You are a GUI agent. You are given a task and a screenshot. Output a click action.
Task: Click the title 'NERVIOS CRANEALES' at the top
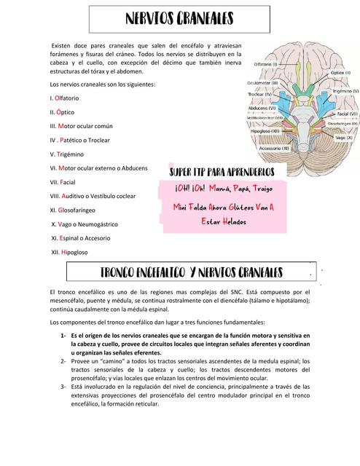pyautogui.click(x=180, y=18)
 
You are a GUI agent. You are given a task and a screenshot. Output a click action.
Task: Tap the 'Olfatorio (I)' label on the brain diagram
pyautogui.click(x=266, y=64)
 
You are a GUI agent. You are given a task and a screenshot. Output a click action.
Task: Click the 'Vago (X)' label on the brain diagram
pyautogui.click(x=343, y=135)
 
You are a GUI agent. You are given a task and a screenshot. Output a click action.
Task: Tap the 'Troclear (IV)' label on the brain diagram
pyautogui.click(x=258, y=94)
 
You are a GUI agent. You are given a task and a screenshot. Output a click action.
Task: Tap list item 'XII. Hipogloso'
pyautogui.click(x=70, y=251)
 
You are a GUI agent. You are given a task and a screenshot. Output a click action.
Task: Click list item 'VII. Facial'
pyautogui.click(x=63, y=181)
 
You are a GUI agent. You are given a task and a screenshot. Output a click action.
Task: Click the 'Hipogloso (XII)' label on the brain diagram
pyautogui.click(x=267, y=132)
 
